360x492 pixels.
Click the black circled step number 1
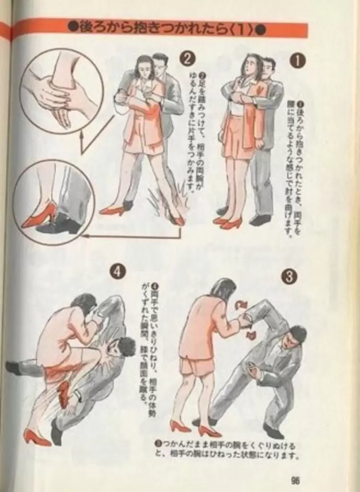point(298,61)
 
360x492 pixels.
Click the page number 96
point(295,480)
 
